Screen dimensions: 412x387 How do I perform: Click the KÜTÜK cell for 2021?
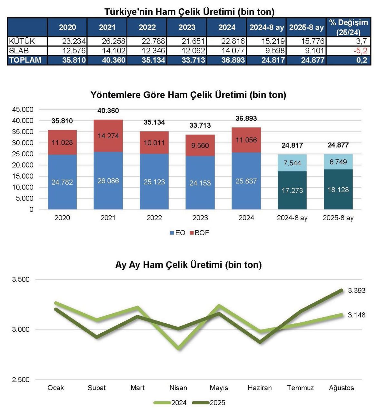[x=107, y=41]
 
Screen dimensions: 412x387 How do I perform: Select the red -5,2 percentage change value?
[x=360, y=51]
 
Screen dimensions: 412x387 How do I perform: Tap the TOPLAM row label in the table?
[x=25, y=60]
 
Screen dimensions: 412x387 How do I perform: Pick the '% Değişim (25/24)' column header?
[x=348, y=27]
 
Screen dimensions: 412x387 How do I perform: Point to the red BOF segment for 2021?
[x=108, y=136]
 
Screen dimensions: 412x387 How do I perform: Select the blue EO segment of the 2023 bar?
[x=200, y=183]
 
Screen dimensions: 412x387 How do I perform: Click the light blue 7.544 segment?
[x=292, y=163]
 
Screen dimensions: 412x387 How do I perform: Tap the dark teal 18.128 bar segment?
[x=338, y=190]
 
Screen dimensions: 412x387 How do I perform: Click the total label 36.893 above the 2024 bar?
[x=246, y=118]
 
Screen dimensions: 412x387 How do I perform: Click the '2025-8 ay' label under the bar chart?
[x=338, y=218]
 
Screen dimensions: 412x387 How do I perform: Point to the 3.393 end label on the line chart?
[x=357, y=290]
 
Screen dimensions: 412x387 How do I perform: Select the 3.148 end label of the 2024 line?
[x=357, y=315]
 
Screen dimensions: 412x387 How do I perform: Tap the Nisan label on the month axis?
[x=178, y=388]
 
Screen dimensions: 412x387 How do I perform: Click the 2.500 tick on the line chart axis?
[x=21, y=380]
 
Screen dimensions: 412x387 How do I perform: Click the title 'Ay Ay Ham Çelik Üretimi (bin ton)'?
[x=188, y=265]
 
